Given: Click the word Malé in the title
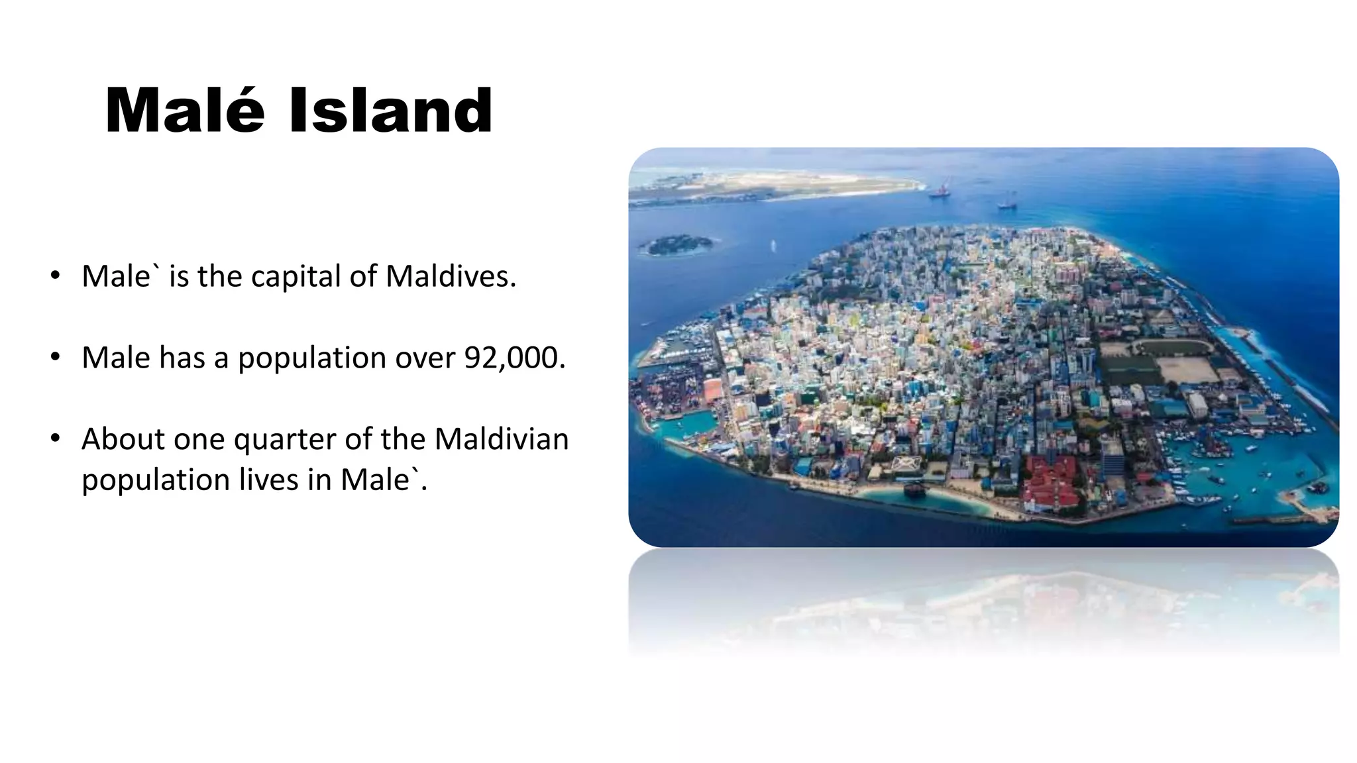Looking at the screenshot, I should tap(185, 111).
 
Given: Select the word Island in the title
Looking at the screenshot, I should tap(391, 111).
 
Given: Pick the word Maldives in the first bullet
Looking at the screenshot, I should tap(451, 276).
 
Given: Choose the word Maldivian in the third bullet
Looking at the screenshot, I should tap(502, 439).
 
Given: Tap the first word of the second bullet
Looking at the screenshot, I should tap(116, 358).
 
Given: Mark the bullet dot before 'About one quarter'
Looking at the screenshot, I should tap(56, 438).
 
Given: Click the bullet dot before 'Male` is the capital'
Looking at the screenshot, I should tap(56, 275).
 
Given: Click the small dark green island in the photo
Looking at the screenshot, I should tap(678, 245).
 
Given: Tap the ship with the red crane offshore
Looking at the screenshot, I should tap(940, 188).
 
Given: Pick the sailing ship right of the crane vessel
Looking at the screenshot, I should tap(1007, 201).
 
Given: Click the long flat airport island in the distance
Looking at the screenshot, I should tap(775, 185).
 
